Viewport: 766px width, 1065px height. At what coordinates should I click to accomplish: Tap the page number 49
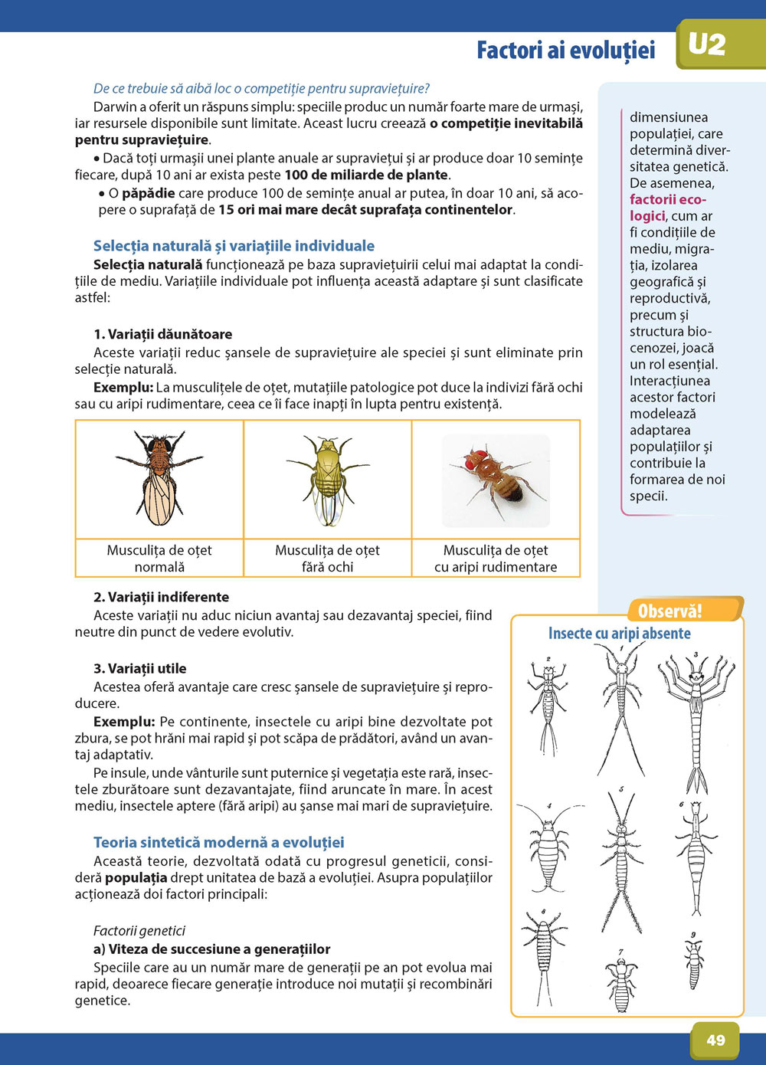click(x=715, y=1040)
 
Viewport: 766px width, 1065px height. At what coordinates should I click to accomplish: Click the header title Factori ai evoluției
click(x=565, y=51)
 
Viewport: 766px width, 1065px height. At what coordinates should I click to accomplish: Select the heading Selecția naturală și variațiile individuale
click(x=234, y=246)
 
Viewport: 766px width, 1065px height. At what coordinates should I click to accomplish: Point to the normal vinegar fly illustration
click(x=159, y=478)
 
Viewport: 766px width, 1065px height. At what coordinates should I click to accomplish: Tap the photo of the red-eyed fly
click(x=496, y=480)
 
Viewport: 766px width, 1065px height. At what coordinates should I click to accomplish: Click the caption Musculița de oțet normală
click(x=159, y=559)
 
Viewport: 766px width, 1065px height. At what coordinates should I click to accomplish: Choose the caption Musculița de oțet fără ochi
click(x=327, y=559)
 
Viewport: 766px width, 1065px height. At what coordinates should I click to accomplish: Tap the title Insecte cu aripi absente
click(x=619, y=634)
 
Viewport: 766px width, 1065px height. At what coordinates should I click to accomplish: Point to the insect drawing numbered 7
click(x=620, y=982)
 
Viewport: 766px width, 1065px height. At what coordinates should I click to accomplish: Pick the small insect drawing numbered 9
click(x=694, y=962)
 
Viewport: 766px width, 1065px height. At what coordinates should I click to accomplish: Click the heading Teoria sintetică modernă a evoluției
click(x=218, y=842)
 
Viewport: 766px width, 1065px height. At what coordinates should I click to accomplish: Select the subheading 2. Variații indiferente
click(x=161, y=597)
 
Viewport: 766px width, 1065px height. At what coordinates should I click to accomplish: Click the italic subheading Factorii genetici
click(x=139, y=931)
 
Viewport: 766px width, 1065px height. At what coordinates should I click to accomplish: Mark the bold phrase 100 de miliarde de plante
click(x=366, y=175)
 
